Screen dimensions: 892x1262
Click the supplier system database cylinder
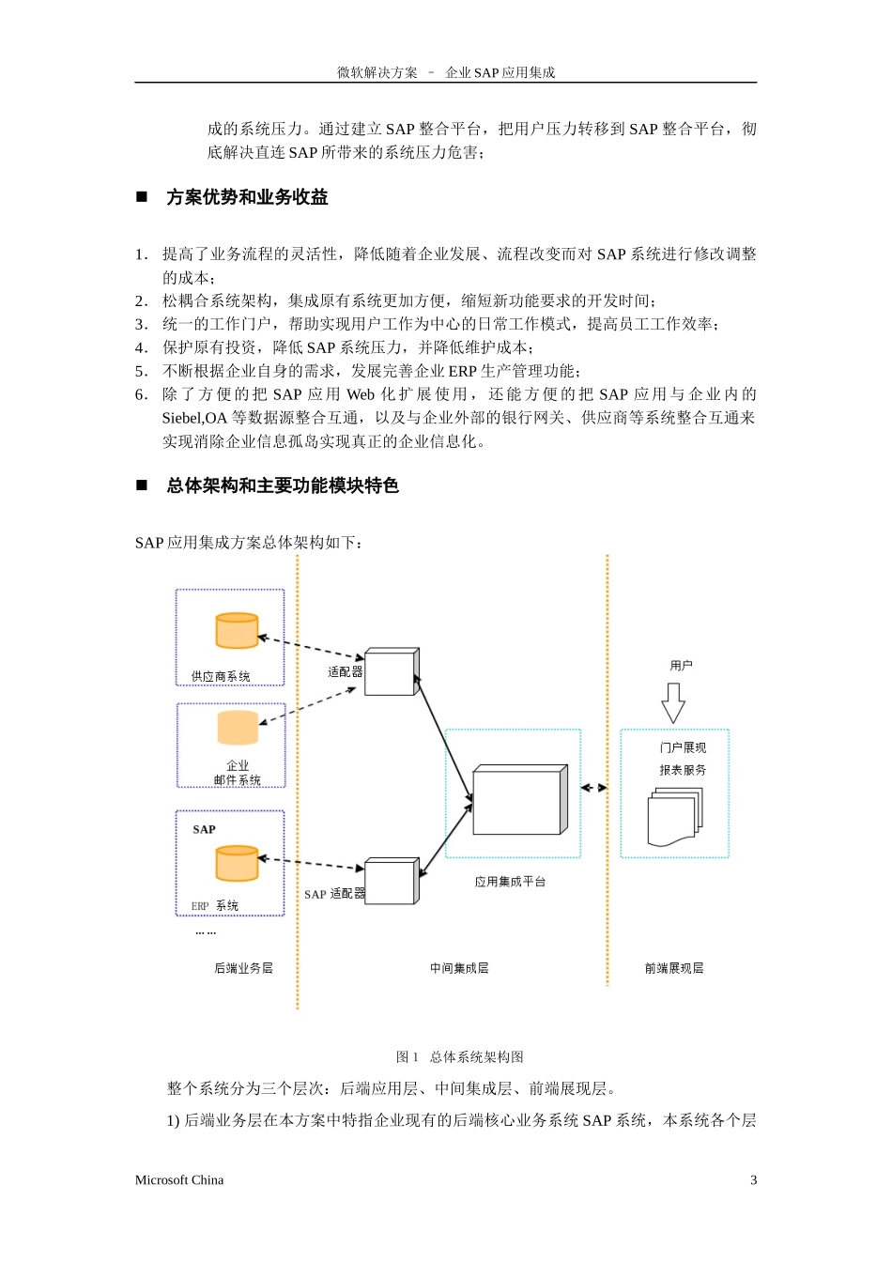237,631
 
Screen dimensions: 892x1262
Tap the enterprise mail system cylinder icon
238,728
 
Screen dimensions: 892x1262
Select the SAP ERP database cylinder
237,863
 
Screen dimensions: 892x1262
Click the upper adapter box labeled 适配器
391,672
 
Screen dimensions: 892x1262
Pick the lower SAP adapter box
391,882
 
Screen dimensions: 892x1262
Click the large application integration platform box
519,800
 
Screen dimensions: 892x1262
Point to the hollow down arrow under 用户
673,702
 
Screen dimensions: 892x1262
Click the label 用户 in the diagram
681,666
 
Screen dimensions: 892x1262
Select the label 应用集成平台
510,882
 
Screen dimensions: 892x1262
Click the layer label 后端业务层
243,968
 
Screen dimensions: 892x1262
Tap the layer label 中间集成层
459,968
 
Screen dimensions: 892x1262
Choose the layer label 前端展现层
674,968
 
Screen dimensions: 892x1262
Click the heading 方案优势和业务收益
247,197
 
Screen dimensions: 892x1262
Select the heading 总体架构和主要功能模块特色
283,485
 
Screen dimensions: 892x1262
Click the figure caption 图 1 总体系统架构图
460,1057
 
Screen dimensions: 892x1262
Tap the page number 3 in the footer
753,1180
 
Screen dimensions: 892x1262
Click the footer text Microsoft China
179,1180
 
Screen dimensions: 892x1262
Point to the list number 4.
140,347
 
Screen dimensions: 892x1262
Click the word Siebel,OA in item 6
195,418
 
